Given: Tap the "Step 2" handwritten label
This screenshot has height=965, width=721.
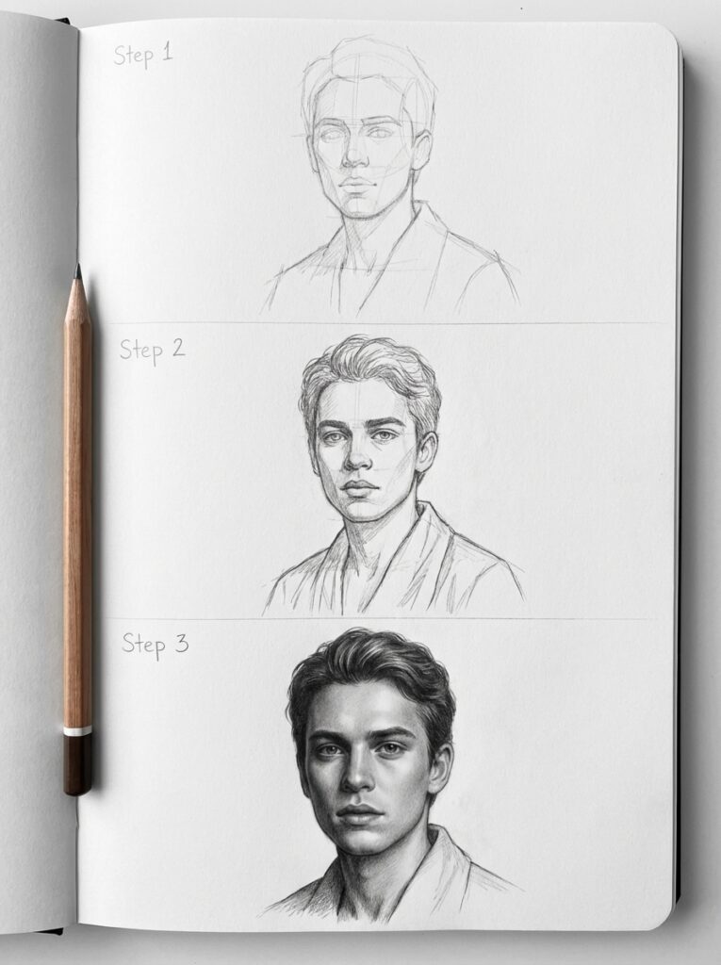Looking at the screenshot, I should pyautogui.click(x=152, y=351).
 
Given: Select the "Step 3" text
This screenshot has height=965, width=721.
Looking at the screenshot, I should pyautogui.click(x=155, y=644).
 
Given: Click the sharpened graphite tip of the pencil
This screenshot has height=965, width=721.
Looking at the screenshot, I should pyautogui.click(x=77, y=272).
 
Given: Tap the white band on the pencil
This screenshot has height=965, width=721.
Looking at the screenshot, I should pyautogui.click(x=77, y=730).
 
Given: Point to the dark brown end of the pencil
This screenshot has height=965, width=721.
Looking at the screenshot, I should pyautogui.click(x=77, y=763).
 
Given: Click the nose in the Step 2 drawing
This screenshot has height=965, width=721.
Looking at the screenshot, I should pyautogui.click(x=357, y=457).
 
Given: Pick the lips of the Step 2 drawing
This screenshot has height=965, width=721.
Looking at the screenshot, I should pyautogui.click(x=359, y=487).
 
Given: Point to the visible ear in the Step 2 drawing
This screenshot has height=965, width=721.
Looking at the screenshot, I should pyautogui.click(x=426, y=450).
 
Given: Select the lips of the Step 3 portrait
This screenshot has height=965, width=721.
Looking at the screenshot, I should pyautogui.click(x=359, y=813).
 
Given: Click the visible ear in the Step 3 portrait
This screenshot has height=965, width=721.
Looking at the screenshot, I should pyautogui.click(x=438, y=765).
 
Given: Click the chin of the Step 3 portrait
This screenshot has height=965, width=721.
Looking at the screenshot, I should pyautogui.click(x=362, y=843).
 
